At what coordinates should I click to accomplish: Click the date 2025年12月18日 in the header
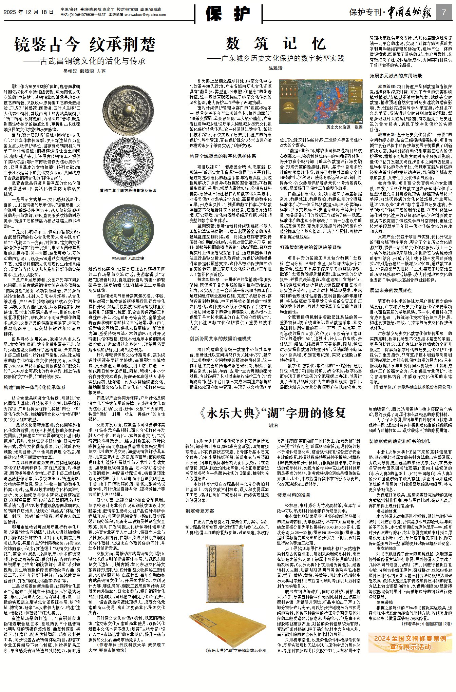[29, 12]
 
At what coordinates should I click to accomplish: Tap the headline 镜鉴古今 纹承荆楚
[85, 44]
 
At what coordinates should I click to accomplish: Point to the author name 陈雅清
[275, 68]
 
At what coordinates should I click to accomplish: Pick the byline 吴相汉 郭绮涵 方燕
[84, 72]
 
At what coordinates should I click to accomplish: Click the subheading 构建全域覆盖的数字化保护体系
[223, 156]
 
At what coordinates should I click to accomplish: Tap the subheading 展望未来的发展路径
[391, 290]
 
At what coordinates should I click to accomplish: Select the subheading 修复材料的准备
[294, 495]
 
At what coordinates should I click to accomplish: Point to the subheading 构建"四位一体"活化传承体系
[35, 387]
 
